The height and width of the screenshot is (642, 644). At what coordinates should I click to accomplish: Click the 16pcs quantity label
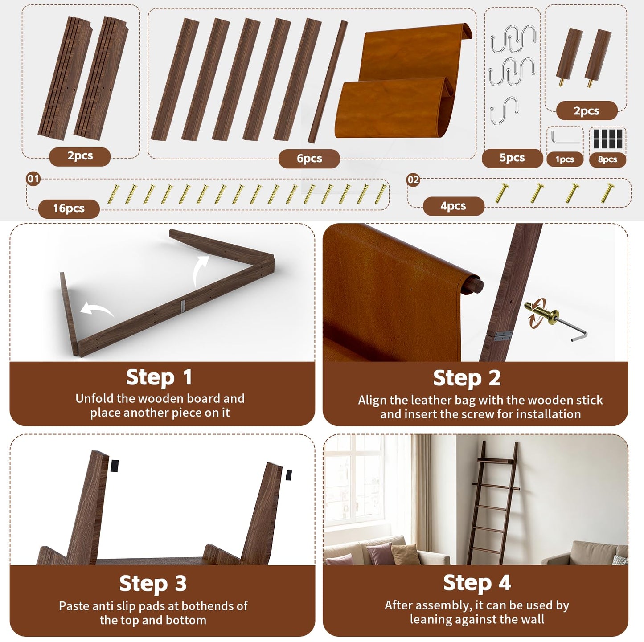tap(69, 209)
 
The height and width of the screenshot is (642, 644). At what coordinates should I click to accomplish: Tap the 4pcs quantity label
tap(453, 206)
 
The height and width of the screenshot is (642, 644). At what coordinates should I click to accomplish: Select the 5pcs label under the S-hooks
tap(512, 158)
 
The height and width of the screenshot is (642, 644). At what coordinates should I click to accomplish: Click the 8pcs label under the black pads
tap(607, 159)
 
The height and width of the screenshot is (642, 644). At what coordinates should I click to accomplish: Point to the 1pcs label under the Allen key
tap(565, 159)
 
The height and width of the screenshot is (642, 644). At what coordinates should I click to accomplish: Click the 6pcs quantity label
tap(309, 159)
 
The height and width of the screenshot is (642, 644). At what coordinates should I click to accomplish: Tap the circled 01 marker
tap(33, 179)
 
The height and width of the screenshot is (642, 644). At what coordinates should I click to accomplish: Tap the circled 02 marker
tap(413, 180)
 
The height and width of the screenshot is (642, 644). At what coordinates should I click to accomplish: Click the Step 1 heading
tap(159, 377)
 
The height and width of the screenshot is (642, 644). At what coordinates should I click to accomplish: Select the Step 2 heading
tap(467, 378)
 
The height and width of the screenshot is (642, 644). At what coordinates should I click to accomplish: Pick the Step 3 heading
tap(153, 583)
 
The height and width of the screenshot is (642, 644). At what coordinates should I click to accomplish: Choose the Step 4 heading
tap(477, 582)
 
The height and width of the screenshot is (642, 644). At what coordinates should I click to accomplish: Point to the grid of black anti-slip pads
tap(608, 139)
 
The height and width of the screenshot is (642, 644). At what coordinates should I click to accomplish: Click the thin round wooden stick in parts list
tap(328, 82)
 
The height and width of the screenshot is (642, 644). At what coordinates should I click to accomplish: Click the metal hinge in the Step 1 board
tap(182, 306)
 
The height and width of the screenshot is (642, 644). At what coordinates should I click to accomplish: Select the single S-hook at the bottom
tap(504, 110)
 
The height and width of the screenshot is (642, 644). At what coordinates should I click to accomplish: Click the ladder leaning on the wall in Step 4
tap(493, 503)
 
